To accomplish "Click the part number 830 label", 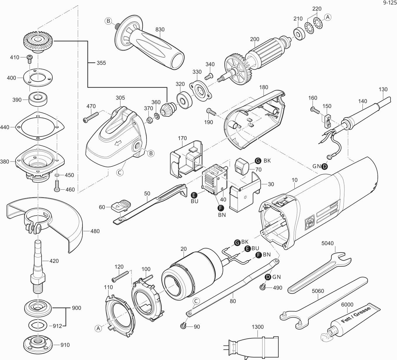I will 160,30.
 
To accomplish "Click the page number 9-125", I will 389,3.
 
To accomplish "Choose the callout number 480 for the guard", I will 95,231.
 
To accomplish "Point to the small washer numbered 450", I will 57,175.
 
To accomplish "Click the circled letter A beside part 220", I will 328,17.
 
